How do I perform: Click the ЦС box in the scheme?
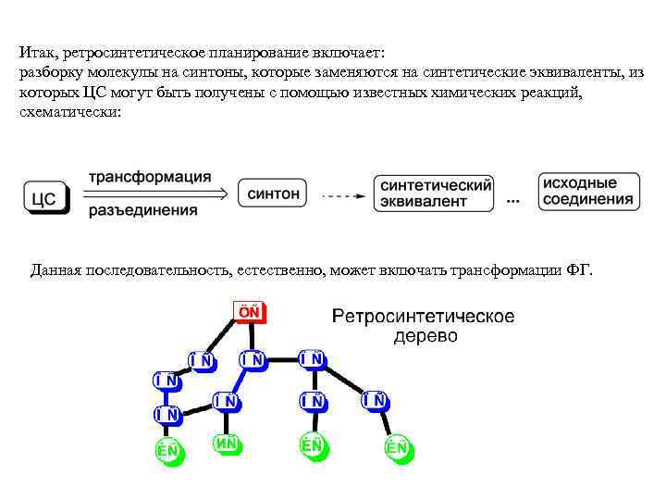(x=45, y=197)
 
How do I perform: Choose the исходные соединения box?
(x=587, y=192)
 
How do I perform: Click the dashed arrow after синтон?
(x=342, y=196)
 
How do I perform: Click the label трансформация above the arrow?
(x=149, y=177)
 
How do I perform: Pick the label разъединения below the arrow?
(x=143, y=211)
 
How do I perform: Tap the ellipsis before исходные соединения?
(x=514, y=200)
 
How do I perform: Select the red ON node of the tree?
(x=248, y=312)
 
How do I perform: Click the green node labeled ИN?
(x=228, y=444)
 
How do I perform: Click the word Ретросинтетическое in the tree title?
(x=424, y=317)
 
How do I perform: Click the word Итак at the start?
(x=37, y=53)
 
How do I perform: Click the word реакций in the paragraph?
(x=549, y=92)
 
